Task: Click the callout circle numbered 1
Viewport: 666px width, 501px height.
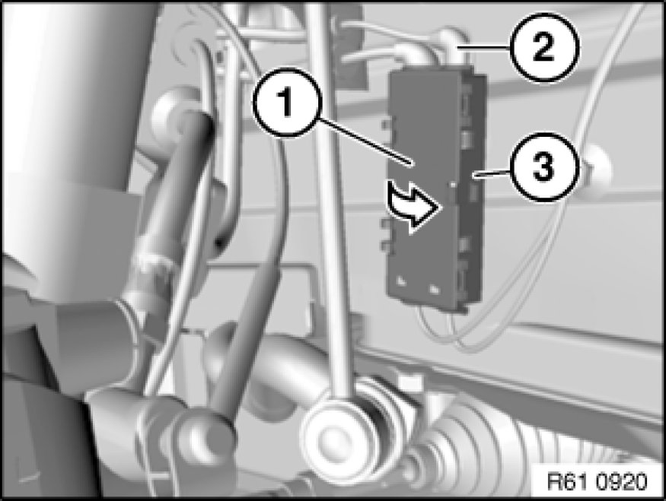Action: pos(288,102)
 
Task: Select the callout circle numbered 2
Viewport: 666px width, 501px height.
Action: pos(545,46)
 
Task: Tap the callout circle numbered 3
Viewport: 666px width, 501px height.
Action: pos(545,166)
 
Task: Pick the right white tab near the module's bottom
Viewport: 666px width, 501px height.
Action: pos(434,289)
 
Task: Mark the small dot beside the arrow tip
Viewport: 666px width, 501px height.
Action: pos(454,185)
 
